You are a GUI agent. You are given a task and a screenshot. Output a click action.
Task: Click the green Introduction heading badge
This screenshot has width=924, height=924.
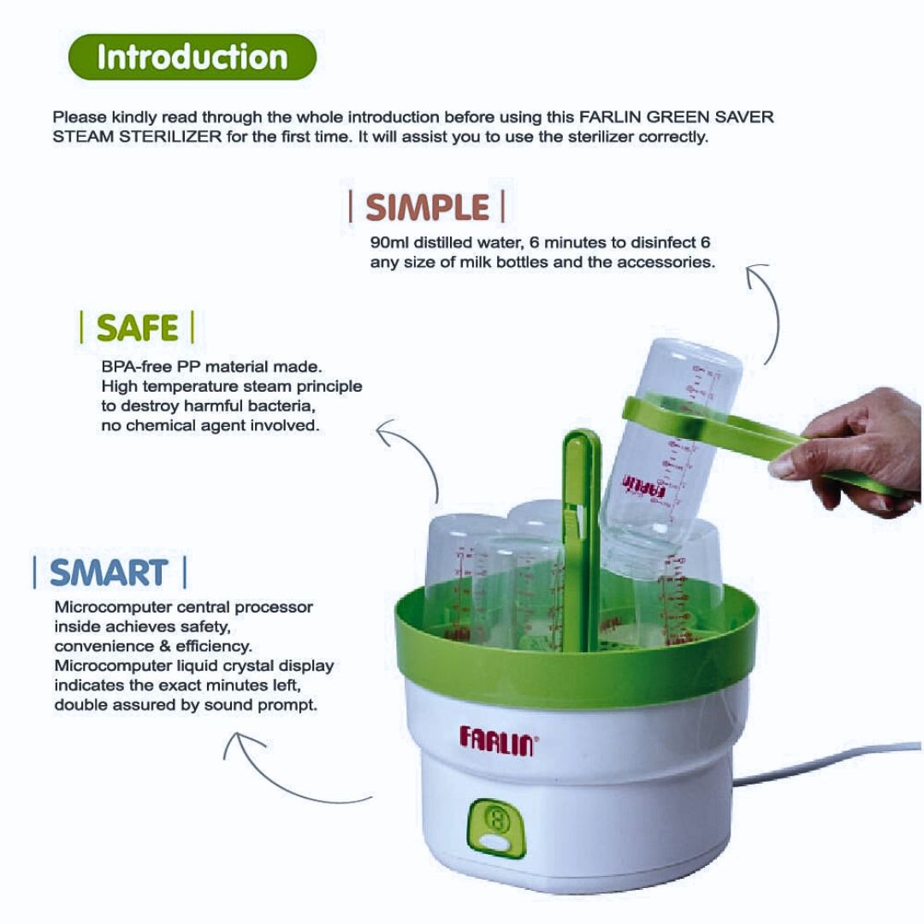(192, 57)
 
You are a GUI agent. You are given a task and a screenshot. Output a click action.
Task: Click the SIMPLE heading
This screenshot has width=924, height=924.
(427, 207)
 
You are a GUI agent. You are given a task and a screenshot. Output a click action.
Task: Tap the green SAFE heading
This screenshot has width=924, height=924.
(137, 328)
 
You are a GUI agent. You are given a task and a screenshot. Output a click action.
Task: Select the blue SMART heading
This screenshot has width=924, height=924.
(109, 572)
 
